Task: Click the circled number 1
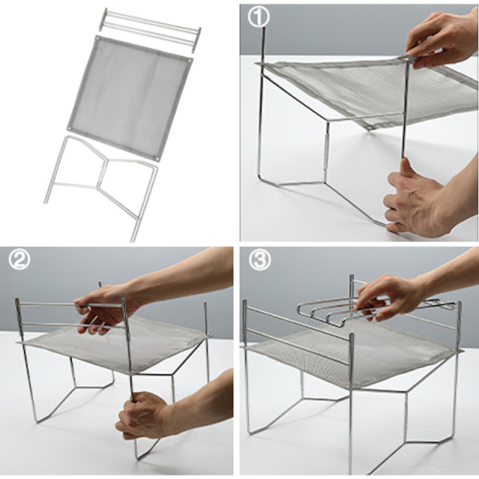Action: [258, 17]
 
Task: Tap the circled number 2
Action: [19, 260]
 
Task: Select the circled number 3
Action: [260, 260]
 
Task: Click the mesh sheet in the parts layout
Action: [129, 98]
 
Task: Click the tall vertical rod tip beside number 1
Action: [264, 28]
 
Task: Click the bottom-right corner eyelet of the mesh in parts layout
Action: [157, 159]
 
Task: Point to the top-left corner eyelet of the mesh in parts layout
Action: [97, 38]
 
